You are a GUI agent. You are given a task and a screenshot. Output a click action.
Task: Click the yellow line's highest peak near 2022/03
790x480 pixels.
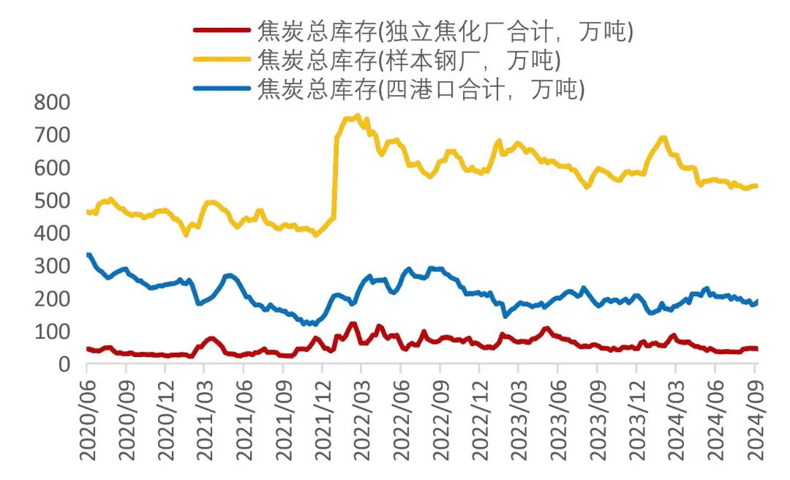coord(357,116)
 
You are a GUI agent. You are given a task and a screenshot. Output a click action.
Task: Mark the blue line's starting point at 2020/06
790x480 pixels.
coord(88,255)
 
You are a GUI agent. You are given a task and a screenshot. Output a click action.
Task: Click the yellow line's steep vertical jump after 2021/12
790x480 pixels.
coord(336,176)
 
